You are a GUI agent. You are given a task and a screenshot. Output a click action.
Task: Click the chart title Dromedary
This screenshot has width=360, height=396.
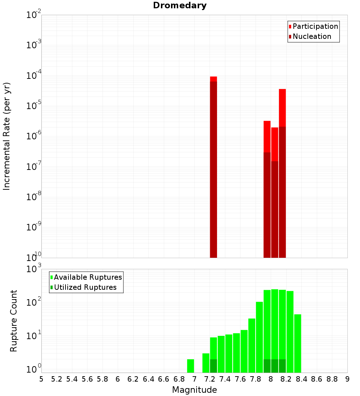click(x=180, y=5)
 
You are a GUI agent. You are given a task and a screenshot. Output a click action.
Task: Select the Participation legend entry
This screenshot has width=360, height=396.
click(x=313, y=26)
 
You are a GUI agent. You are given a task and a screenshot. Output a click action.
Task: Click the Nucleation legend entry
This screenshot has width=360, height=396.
click(x=310, y=36)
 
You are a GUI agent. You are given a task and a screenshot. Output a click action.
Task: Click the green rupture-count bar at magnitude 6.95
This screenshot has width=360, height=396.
click(x=191, y=366)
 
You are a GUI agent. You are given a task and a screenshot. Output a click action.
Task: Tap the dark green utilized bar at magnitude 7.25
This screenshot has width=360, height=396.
click(x=213, y=366)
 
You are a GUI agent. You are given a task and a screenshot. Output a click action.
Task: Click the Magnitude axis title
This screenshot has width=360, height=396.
click(x=194, y=390)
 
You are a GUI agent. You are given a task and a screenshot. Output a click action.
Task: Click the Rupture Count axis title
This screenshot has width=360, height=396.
click(x=14, y=320)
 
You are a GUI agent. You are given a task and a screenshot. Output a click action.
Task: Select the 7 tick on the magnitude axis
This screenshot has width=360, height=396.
click(x=194, y=379)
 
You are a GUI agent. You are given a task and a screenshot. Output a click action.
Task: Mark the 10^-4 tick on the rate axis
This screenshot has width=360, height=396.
click(x=33, y=76)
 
